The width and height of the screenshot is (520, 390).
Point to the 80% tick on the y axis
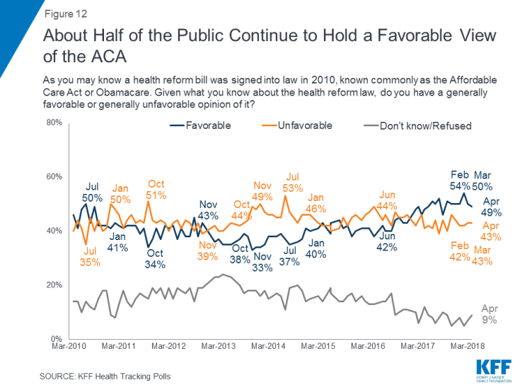35,122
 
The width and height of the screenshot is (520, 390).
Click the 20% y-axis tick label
35,285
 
